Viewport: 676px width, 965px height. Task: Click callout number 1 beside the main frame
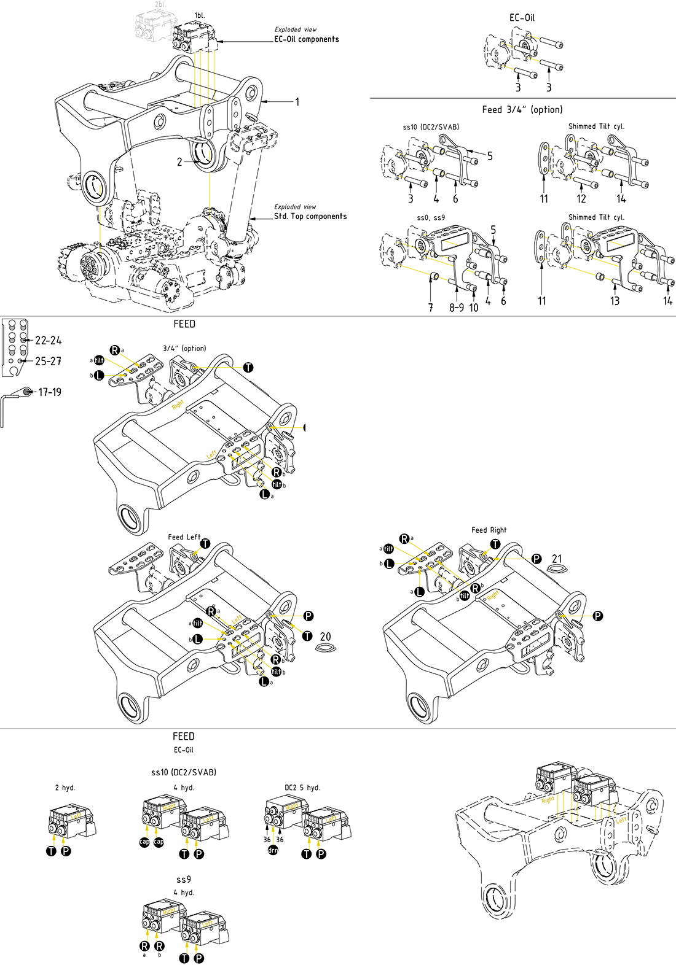click(x=297, y=102)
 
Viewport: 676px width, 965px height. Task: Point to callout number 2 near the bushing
click(x=179, y=162)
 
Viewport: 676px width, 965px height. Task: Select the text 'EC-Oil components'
click(x=306, y=39)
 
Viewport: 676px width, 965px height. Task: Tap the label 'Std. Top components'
click(x=310, y=216)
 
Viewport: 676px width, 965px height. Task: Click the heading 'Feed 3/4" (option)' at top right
click(x=522, y=109)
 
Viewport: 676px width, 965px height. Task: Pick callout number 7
click(x=431, y=307)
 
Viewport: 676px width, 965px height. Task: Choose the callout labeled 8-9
click(x=456, y=307)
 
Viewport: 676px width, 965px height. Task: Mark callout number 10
click(x=474, y=307)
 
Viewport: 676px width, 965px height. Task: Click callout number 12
click(x=581, y=198)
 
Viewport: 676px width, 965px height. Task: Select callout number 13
click(x=615, y=301)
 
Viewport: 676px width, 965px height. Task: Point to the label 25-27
click(x=49, y=361)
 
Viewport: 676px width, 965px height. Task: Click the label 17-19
click(x=50, y=392)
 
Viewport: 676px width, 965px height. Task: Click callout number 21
click(x=557, y=559)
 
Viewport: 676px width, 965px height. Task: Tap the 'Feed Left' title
click(x=184, y=537)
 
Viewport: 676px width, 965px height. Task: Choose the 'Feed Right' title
click(x=489, y=530)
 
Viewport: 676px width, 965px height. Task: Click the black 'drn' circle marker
click(x=273, y=850)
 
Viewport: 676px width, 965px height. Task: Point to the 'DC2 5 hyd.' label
click(x=302, y=788)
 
